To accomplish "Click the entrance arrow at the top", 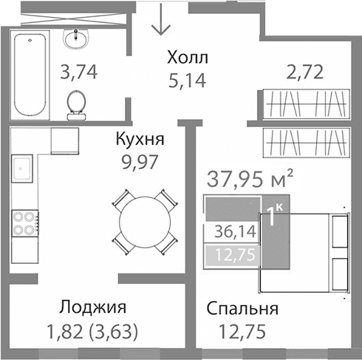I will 160,23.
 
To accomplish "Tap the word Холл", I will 188,57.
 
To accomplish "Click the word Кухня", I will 139,138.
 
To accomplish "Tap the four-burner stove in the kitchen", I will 26,223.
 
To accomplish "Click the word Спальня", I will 242,309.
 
